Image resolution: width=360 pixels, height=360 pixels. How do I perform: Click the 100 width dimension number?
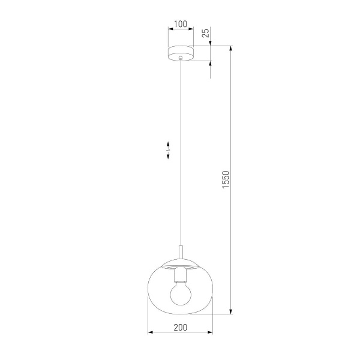(x=180, y=25)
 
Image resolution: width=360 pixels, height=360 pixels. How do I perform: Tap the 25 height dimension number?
(x=205, y=34)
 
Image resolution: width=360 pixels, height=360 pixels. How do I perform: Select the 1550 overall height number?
(x=226, y=180)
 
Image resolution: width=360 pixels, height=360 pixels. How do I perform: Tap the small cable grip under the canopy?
(x=180, y=58)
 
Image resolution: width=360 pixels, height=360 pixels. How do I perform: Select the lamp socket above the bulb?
(x=180, y=276)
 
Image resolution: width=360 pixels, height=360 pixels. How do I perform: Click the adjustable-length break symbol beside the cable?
(x=169, y=150)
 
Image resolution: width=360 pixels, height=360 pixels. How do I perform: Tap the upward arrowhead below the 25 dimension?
(x=211, y=65)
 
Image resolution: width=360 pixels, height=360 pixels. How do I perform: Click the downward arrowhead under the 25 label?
(x=211, y=43)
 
